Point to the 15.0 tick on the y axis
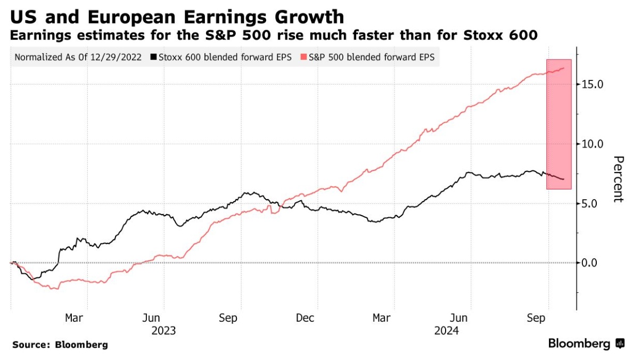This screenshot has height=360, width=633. click(x=592, y=84)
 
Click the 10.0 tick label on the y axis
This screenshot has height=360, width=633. click(x=592, y=144)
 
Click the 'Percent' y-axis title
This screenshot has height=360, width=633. click(x=618, y=179)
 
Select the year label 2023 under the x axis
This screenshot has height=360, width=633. click(x=163, y=331)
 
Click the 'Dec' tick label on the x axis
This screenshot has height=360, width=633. click(x=305, y=318)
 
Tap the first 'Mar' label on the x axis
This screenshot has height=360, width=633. click(x=74, y=318)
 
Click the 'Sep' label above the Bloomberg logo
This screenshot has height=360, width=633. click(x=536, y=318)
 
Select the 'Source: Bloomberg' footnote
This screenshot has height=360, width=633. click(x=60, y=345)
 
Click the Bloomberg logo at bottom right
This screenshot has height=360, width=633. click(x=586, y=344)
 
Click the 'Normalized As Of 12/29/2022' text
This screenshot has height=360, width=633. click(x=78, y=56)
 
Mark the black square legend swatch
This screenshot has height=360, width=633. click(x=154, y=56)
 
